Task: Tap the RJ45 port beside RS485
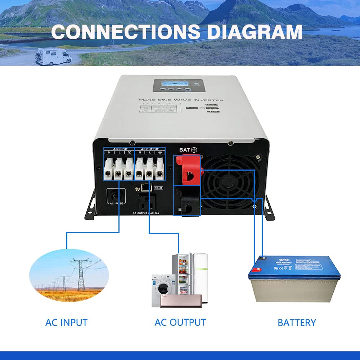coord(144,187)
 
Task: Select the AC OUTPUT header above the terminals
coord(149,149)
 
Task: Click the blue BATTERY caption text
coord(297,323)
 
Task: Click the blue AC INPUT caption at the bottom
coord(66,322)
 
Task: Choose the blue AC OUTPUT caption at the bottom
coord(180,322)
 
